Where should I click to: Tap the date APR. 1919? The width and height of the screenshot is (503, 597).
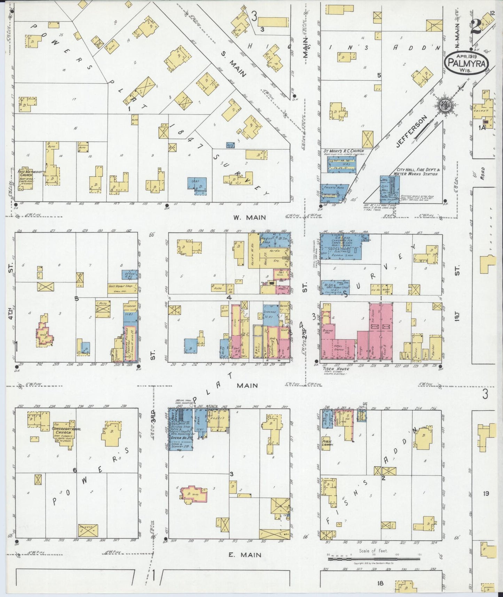[x=467, y=55]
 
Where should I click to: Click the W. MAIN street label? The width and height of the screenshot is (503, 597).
[x=249, y=217]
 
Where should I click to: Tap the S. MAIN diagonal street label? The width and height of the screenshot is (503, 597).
[x=235, y=64]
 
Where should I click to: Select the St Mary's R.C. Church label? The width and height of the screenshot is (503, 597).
[x=343, y=151]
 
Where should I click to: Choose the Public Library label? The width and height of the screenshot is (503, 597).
[x=327, y=443]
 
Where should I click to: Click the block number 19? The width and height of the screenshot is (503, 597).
[x=486, y=494]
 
